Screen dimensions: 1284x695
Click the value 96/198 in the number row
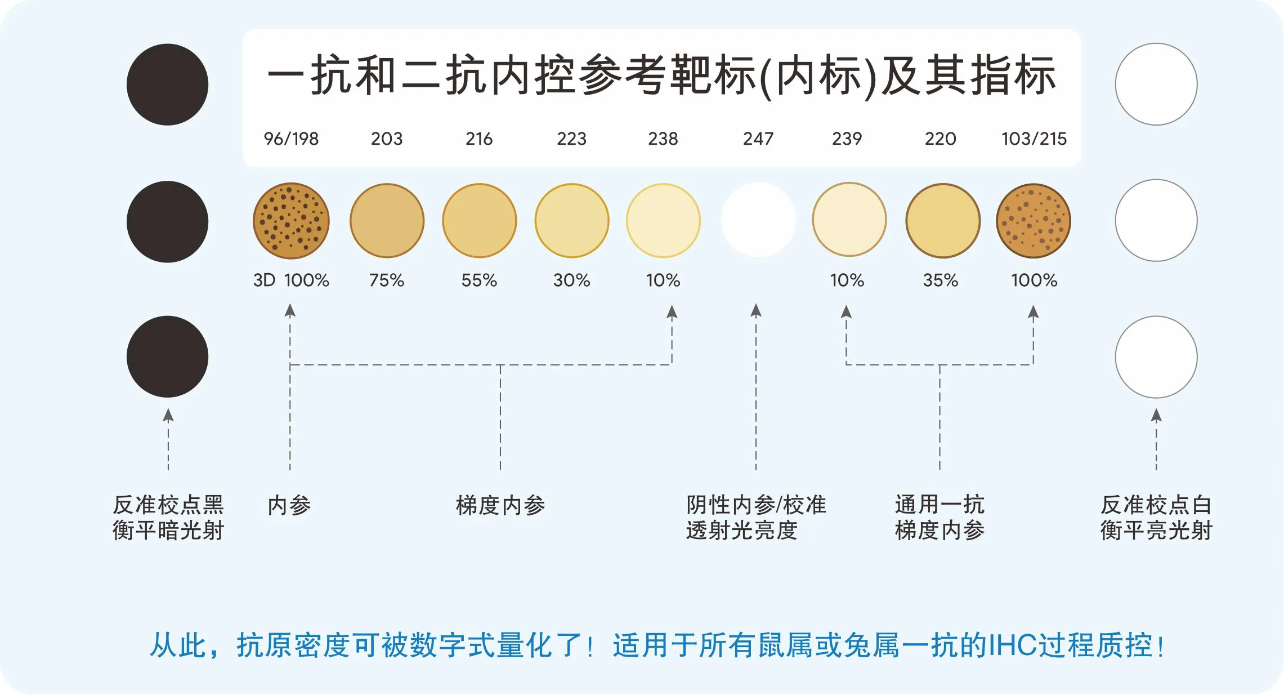[x=291, y=139]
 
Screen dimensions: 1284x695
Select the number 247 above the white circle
[x=758, y=139]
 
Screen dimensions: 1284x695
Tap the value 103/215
[x=1034, y=139]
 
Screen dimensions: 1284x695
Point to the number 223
[x=571, y=139]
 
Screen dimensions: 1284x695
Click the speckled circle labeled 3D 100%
[x=291, y=221]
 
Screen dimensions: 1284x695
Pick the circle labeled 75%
[x=387, y=221]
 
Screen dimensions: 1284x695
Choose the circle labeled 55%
[x=480, y=221]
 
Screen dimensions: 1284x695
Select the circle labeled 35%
[x=943, y=221]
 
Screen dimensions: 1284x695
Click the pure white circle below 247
[x=758, y=220]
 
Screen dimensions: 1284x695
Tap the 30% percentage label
[x=571, y=280]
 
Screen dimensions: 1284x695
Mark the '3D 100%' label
[x=291, y=280]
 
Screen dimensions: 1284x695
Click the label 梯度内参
[x=500, y=505]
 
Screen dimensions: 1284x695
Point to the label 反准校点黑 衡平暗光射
[x=168, y=518]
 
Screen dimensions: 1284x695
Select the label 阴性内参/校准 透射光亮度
[x=756, y=518]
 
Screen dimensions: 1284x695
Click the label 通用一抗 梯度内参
[x=939, y=518]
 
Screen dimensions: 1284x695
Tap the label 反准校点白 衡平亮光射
[x=1156, y=518]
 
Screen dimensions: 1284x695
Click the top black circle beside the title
[x=167, y=84]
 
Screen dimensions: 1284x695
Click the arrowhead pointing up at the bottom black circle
[x=168, y=416]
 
